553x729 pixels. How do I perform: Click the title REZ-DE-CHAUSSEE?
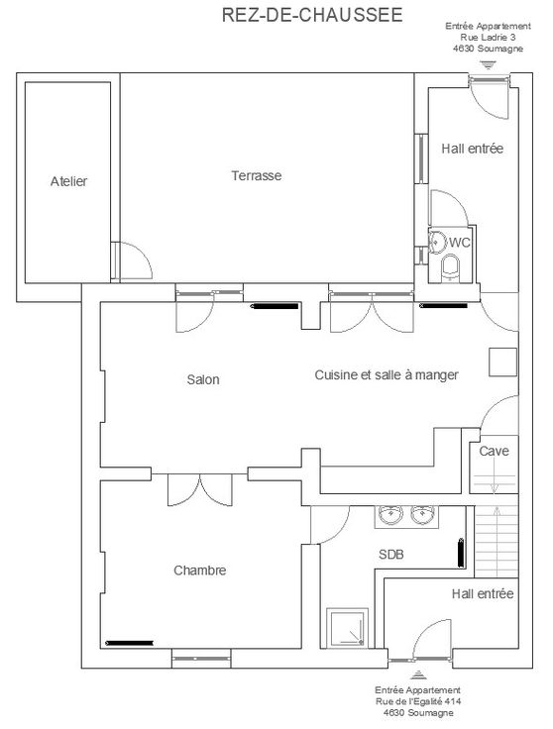312,15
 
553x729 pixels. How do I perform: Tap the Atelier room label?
68,181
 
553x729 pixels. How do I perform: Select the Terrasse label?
257,175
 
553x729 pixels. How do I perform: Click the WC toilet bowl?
450,267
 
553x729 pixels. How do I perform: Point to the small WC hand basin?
437,242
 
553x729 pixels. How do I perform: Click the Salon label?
203,379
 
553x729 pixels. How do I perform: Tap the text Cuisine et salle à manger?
387,374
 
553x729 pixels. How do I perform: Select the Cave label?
494,451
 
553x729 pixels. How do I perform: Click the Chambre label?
200,570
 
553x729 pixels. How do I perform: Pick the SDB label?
391,554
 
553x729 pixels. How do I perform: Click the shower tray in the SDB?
347,628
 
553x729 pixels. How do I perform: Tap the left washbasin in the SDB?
390,515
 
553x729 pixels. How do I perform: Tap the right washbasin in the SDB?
422,515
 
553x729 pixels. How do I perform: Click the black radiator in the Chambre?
130,643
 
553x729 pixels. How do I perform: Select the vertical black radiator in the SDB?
461,553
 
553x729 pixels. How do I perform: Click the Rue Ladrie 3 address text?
488,38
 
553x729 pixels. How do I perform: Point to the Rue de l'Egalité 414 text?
418,701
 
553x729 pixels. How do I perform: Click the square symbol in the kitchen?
502,362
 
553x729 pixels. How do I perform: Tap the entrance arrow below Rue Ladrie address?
488,64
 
